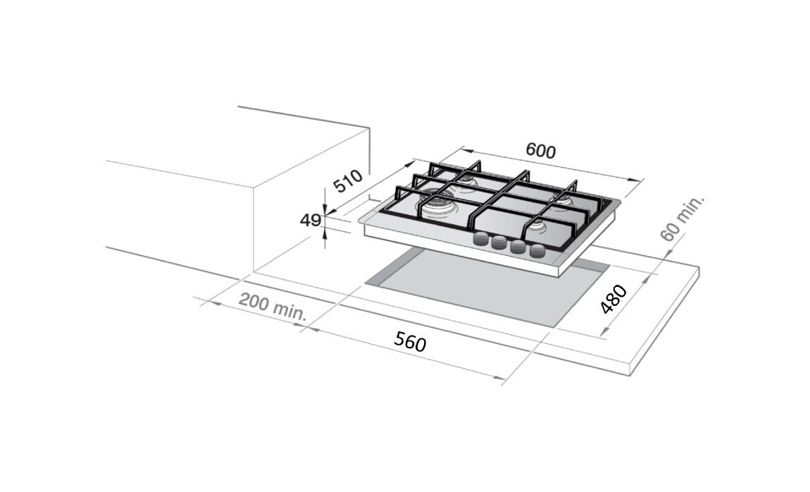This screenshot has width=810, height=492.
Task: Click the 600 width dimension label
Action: coord(541,150)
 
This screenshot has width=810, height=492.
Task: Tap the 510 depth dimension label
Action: coord(348,181)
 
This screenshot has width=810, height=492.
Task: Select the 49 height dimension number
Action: coord(311,220)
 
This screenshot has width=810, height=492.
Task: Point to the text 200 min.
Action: coord(273,307)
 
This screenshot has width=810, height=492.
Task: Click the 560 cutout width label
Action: coord(410,342)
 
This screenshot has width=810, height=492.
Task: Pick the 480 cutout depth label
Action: coord(613,299)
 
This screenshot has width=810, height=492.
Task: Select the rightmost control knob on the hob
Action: coord(537,251)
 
